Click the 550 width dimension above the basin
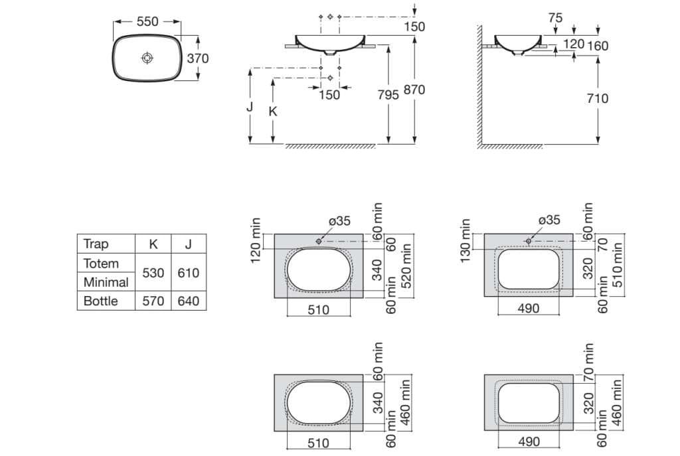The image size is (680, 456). point(147,21)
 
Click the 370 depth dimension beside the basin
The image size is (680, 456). point(198,58)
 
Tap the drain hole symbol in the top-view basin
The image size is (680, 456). point(147,58)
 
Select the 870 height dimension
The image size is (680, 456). point(414,90)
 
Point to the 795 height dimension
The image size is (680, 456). point(388,94)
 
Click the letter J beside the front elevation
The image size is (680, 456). point(250,106)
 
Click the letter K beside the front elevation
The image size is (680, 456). point(273,112)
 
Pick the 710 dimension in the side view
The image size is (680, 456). point(598,98)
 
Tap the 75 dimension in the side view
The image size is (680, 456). point(555,18)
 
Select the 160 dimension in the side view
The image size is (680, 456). point(598,46)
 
